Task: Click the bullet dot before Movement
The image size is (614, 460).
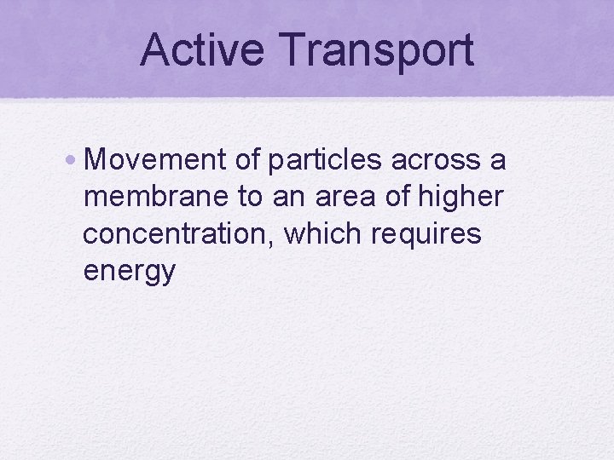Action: [x=75, y=158]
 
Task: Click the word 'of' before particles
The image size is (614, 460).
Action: [x=248, y=159]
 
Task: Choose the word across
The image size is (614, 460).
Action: [x=434, y=159]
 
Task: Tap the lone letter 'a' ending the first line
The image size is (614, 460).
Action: [x=498, y=161]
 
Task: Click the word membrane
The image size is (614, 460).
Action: [x=157, y=197]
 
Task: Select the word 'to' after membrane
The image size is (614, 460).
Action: [x=250, y=197]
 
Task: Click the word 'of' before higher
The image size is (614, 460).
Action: [x=398, y=197]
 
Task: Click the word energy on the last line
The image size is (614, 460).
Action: [x=130, y=272]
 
